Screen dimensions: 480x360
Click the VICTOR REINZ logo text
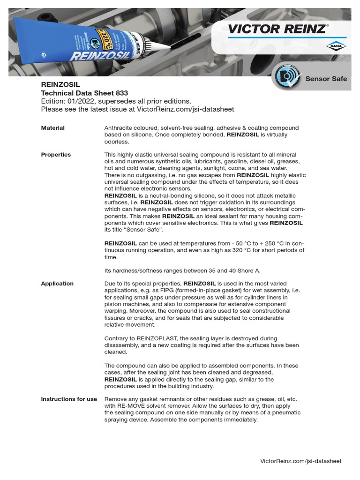[x=277, y=29]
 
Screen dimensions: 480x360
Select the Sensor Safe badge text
[x=326, y=79]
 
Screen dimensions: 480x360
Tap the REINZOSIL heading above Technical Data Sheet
[x=60, y=85]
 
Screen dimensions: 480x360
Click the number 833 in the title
[x=121, y=93]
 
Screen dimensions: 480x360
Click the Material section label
[x=53, y=128]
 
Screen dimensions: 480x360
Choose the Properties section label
[x=56, y=155]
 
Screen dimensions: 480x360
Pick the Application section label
[x=57, y=284]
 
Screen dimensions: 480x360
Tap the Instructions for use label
[x=69, y=399]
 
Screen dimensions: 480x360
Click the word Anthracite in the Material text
[x=119, y=128]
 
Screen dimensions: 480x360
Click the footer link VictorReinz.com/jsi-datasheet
[x=300, y=461]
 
